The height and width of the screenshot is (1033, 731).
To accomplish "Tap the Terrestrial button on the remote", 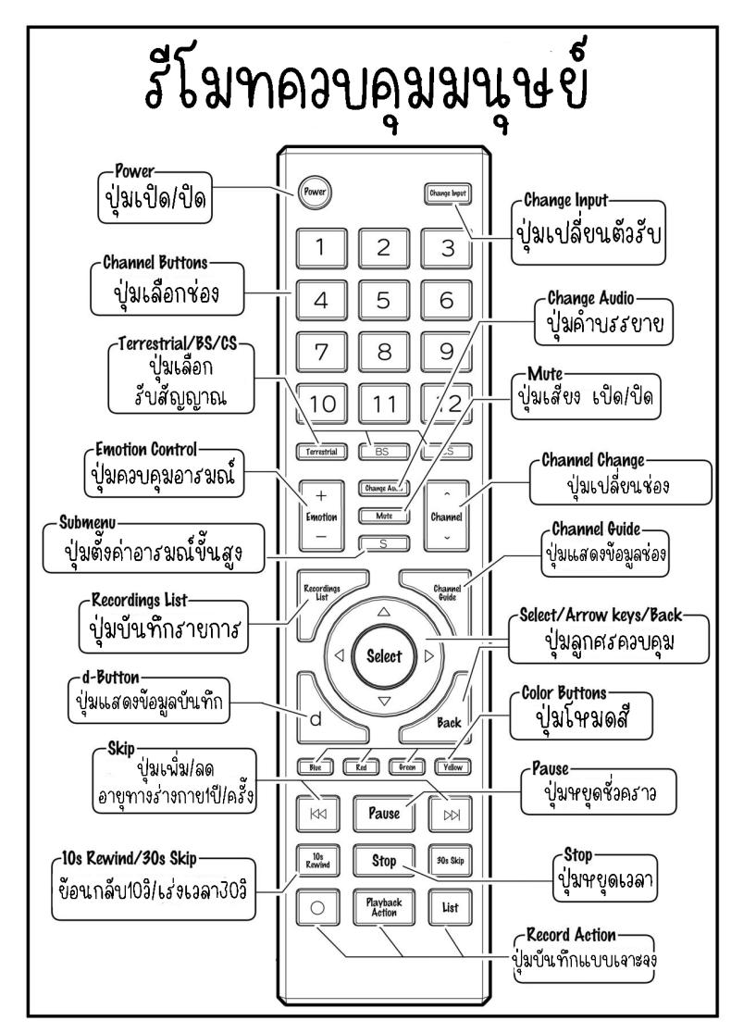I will [316, 453].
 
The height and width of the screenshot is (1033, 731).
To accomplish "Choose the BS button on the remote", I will [381, 453].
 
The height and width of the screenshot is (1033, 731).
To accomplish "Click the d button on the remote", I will [314, 720].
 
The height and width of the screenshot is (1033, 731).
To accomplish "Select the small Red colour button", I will [360, 765].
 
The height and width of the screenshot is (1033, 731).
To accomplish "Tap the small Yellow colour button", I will [451, 765].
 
